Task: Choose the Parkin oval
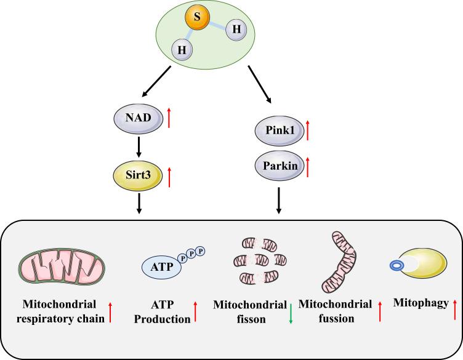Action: coord(278,167)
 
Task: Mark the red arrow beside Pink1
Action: coord(309,130)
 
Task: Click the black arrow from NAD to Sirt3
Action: coord(139,146)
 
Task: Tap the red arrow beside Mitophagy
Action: coord(454,307)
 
